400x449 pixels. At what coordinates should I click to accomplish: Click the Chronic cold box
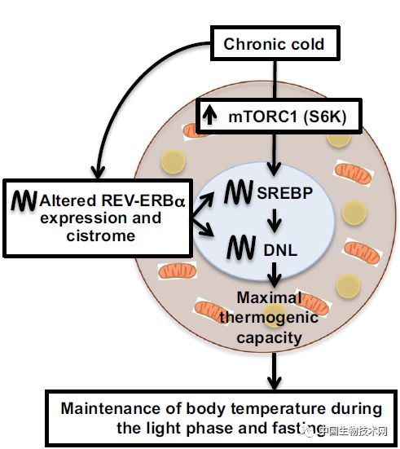pyautogui.click(x=275, y=43)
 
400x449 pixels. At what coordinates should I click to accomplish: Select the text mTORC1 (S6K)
pyautogui.click(x=288, y=117)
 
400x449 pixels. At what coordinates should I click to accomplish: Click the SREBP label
pyautogui.click(x=284, y=192)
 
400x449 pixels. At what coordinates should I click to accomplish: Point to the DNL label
pyautogui.click(x=280, y=250)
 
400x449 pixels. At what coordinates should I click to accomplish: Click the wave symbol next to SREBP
pyautogui.click(x=239, y=191)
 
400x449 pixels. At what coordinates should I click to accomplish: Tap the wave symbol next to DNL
pyautogui.click(x=241, y=247)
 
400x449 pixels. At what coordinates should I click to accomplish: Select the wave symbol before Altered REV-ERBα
pyautogui.click(x=24, y=200)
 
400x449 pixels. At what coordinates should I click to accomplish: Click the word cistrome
pyautogui.click(x=101, y=236)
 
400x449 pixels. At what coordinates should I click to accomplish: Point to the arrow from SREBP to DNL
pyautogui.click(x=275, y=221)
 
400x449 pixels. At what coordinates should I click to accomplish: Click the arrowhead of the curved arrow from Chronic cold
pyautogui.click(x=98, y=173)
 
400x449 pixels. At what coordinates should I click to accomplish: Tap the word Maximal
pyautogui.click(x=269, y=297)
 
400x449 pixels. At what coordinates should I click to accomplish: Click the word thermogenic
pyautogui.click(x=269, y=318)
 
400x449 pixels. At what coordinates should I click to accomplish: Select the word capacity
pyautogui.click(x=269, y=337)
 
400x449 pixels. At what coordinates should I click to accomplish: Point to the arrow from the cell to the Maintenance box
pyautogui.click(x=275, y=371)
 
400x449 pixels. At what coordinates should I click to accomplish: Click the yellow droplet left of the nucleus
pyautogui.click(x=174, y=161)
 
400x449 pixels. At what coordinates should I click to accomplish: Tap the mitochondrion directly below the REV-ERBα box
pyautogui.click(x=178, y=271)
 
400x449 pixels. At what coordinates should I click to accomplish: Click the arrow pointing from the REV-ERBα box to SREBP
pyautogui.click(x=203, y=205)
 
